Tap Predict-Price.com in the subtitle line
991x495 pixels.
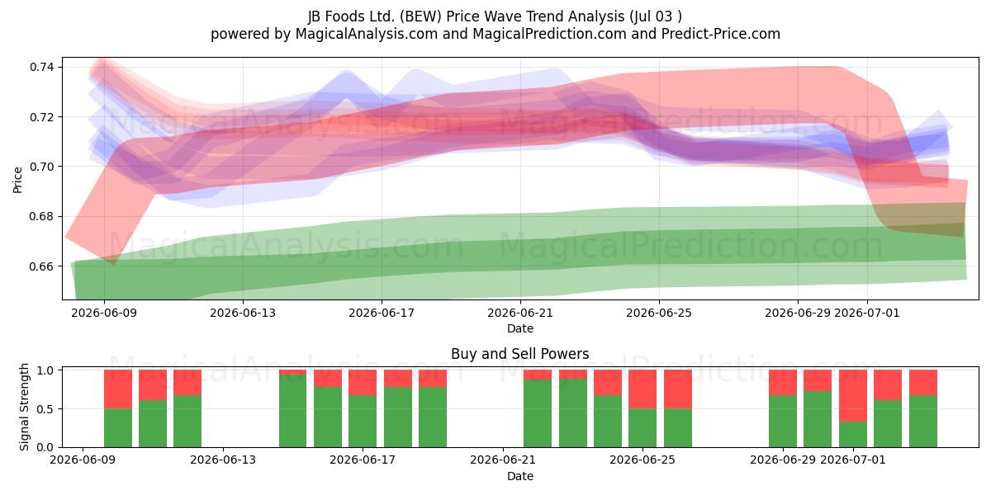pyautogui.click(x=721, y=34)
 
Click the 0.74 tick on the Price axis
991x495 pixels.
pyautogui.click(x=42, y=67)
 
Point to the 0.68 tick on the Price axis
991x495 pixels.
pyautogui.click(x=42, y=216)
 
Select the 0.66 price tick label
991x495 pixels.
pyautogui.click(x=42, y=266)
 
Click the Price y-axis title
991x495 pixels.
pyautogui.click(x=17, y=181)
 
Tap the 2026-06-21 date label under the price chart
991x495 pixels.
pyautogui.click(x=520, y=313)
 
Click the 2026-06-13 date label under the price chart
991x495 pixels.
pyautogui.click(x=243, y=313)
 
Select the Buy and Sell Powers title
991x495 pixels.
pyautogui.click(x=519, y=354)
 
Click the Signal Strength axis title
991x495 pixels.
pyautogui.click(x=24, y=407)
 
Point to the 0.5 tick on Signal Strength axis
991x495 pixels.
pyautogui.click(x=45, y=409)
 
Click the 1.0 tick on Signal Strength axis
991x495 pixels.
pyautogui.click(x=45, y=370)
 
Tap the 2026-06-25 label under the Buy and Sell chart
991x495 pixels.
pyautogui.click(x=642, y=460)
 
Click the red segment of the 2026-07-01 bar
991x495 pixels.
pyautogui.click(x=853, y=395)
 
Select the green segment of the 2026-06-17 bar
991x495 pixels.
pyautogui.click(x=363, y=422)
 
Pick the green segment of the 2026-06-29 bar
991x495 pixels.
pyautogui.click(x=783, y=422)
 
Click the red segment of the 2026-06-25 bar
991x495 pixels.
pyautogui.click(x=642, y=389)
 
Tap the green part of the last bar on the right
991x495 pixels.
pyautogui.click(x=923, y=422)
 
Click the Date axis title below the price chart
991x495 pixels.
pyautogui.click(x=520, y=329)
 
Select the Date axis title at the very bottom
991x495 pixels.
pyautogui.click(x=520, y=477)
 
